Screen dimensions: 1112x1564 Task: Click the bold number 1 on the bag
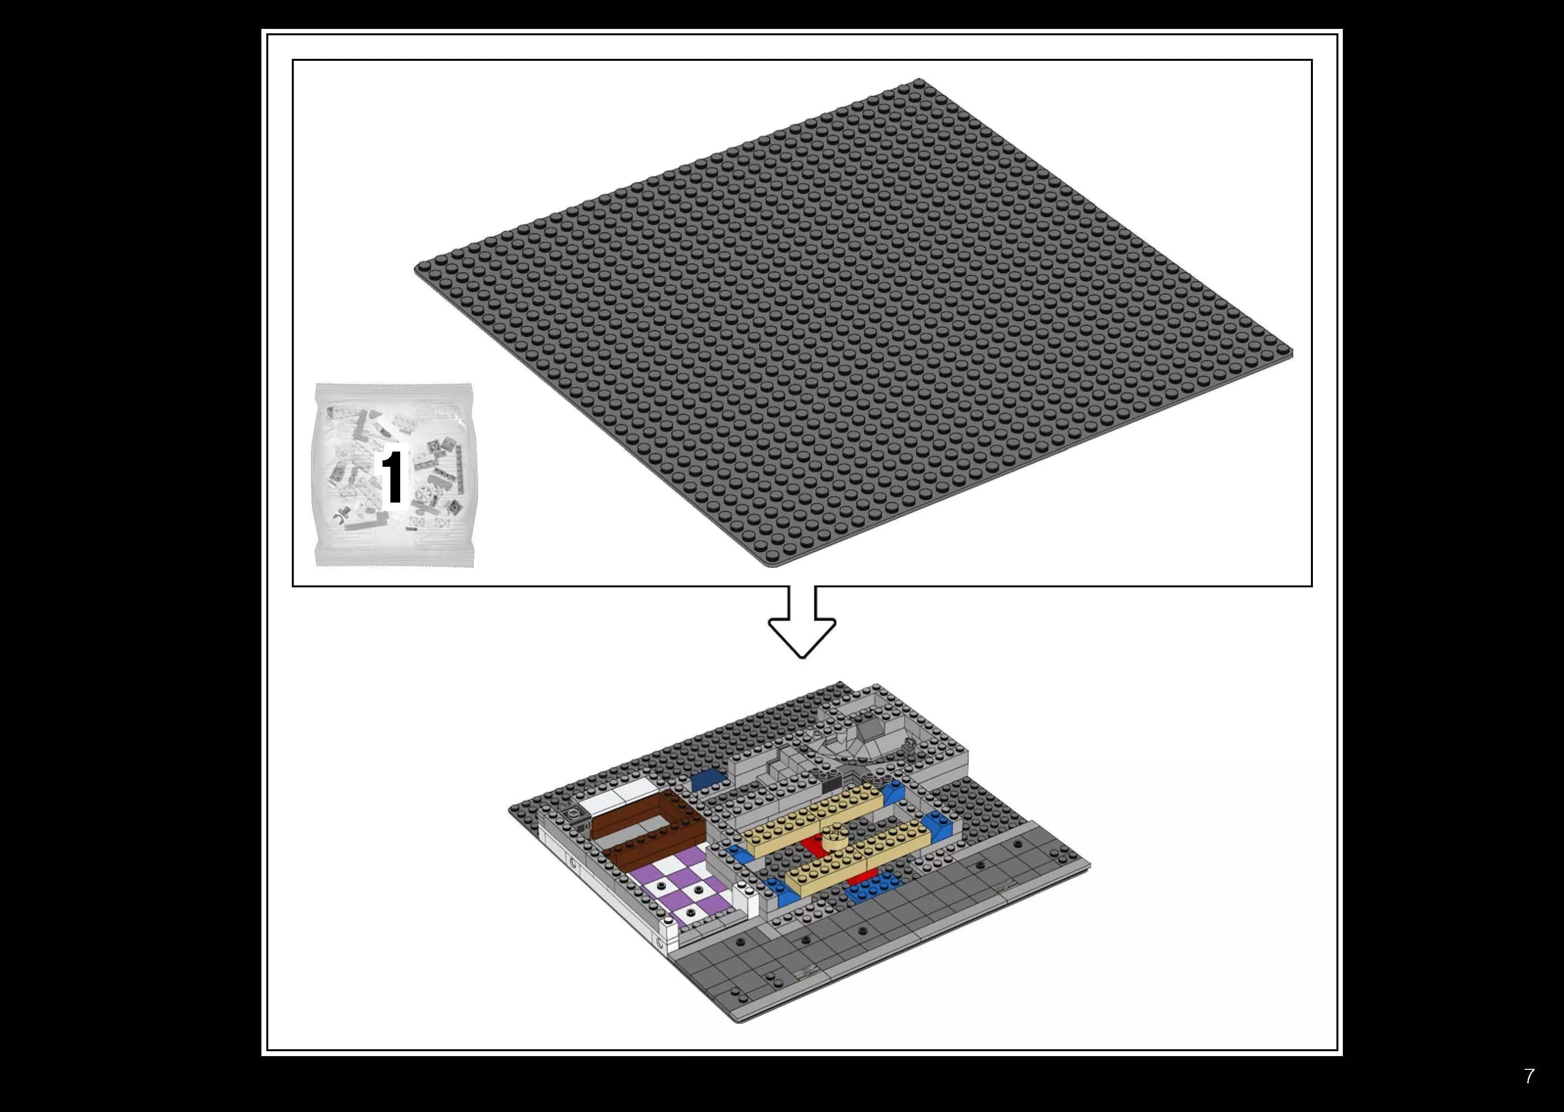(x=392, y=477)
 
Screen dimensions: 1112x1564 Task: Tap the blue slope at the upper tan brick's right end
(x=892, y=794)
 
